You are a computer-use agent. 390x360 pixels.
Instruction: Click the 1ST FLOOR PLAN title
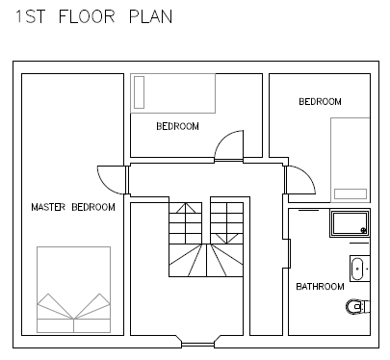point(94,16)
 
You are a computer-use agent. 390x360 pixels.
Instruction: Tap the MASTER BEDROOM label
point(73,207)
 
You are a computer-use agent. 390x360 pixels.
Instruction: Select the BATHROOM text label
point(320,286)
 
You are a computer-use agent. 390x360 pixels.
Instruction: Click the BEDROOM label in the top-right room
point(320,102)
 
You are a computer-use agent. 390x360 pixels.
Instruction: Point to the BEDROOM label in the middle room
point(177,126)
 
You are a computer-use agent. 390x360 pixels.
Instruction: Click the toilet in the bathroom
point(357,306)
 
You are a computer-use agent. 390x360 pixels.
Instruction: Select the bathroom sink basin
point(357,269)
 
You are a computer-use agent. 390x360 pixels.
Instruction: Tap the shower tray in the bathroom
point(351,223)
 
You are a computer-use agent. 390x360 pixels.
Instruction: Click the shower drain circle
point(364,230)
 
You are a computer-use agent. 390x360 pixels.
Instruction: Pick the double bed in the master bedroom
point(74,290)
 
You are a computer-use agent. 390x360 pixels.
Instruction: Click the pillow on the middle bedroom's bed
point(139,92)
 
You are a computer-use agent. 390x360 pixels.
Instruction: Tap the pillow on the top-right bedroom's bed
point(351,193)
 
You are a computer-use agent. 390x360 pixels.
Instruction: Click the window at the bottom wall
point(198,345)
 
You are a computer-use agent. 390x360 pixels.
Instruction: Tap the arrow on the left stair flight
point(186,208)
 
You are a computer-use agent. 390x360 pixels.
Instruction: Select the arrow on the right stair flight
point(226,239)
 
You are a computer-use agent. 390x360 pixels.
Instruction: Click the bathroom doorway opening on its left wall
point(286,253)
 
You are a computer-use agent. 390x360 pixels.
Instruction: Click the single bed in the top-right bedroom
point(351,160)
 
